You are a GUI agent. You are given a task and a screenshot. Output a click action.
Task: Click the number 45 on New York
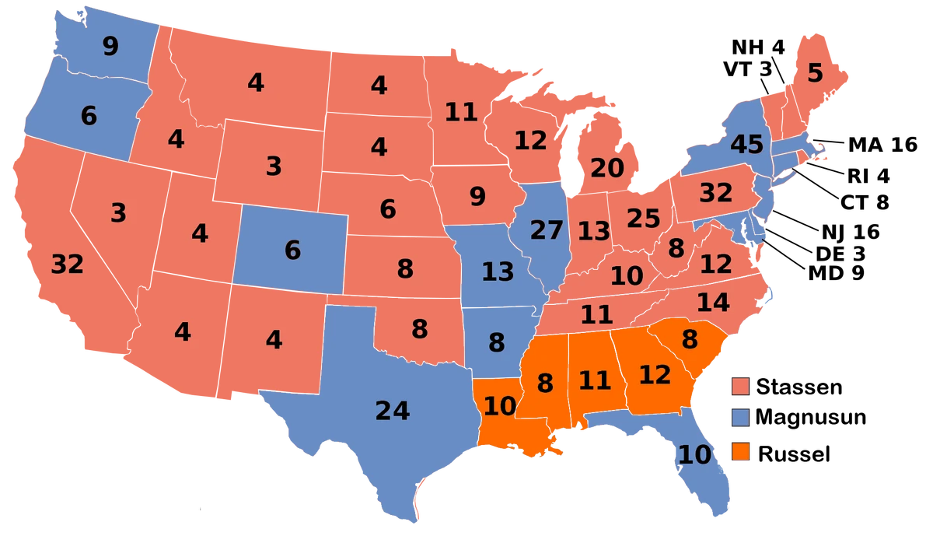coord(746,145)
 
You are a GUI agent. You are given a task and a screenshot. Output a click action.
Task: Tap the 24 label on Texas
coord(392,411)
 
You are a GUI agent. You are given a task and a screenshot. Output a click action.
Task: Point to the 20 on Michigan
coord(607,168)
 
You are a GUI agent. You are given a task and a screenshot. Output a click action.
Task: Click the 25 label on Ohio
coord(643,219)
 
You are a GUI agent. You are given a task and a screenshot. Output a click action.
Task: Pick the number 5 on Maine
coord(814,74)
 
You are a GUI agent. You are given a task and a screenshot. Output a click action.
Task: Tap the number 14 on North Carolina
coord(712,302)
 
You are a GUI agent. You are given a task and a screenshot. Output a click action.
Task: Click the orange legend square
coord(741,451)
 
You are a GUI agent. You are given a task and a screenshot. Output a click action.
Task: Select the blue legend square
coord(741,418)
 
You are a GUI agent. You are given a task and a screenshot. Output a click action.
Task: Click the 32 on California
coord(67,265)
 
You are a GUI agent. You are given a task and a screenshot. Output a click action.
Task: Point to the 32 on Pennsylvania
coord(715,193)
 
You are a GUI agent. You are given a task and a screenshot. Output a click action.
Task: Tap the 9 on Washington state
coord(110,47)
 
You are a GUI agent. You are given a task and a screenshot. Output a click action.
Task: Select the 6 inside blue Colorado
coord(292,250)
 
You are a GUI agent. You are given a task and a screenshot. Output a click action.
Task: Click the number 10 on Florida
coord(694,455)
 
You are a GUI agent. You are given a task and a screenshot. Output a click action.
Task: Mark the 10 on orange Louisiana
coord(499,406)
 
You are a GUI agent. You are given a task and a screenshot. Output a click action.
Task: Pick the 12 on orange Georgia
coord(655,375)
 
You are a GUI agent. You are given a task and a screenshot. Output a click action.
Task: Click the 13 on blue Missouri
coord(498,272)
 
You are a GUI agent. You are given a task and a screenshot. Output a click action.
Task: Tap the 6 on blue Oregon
coord(89,116)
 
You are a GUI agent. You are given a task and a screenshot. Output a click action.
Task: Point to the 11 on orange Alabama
coord(595,380)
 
